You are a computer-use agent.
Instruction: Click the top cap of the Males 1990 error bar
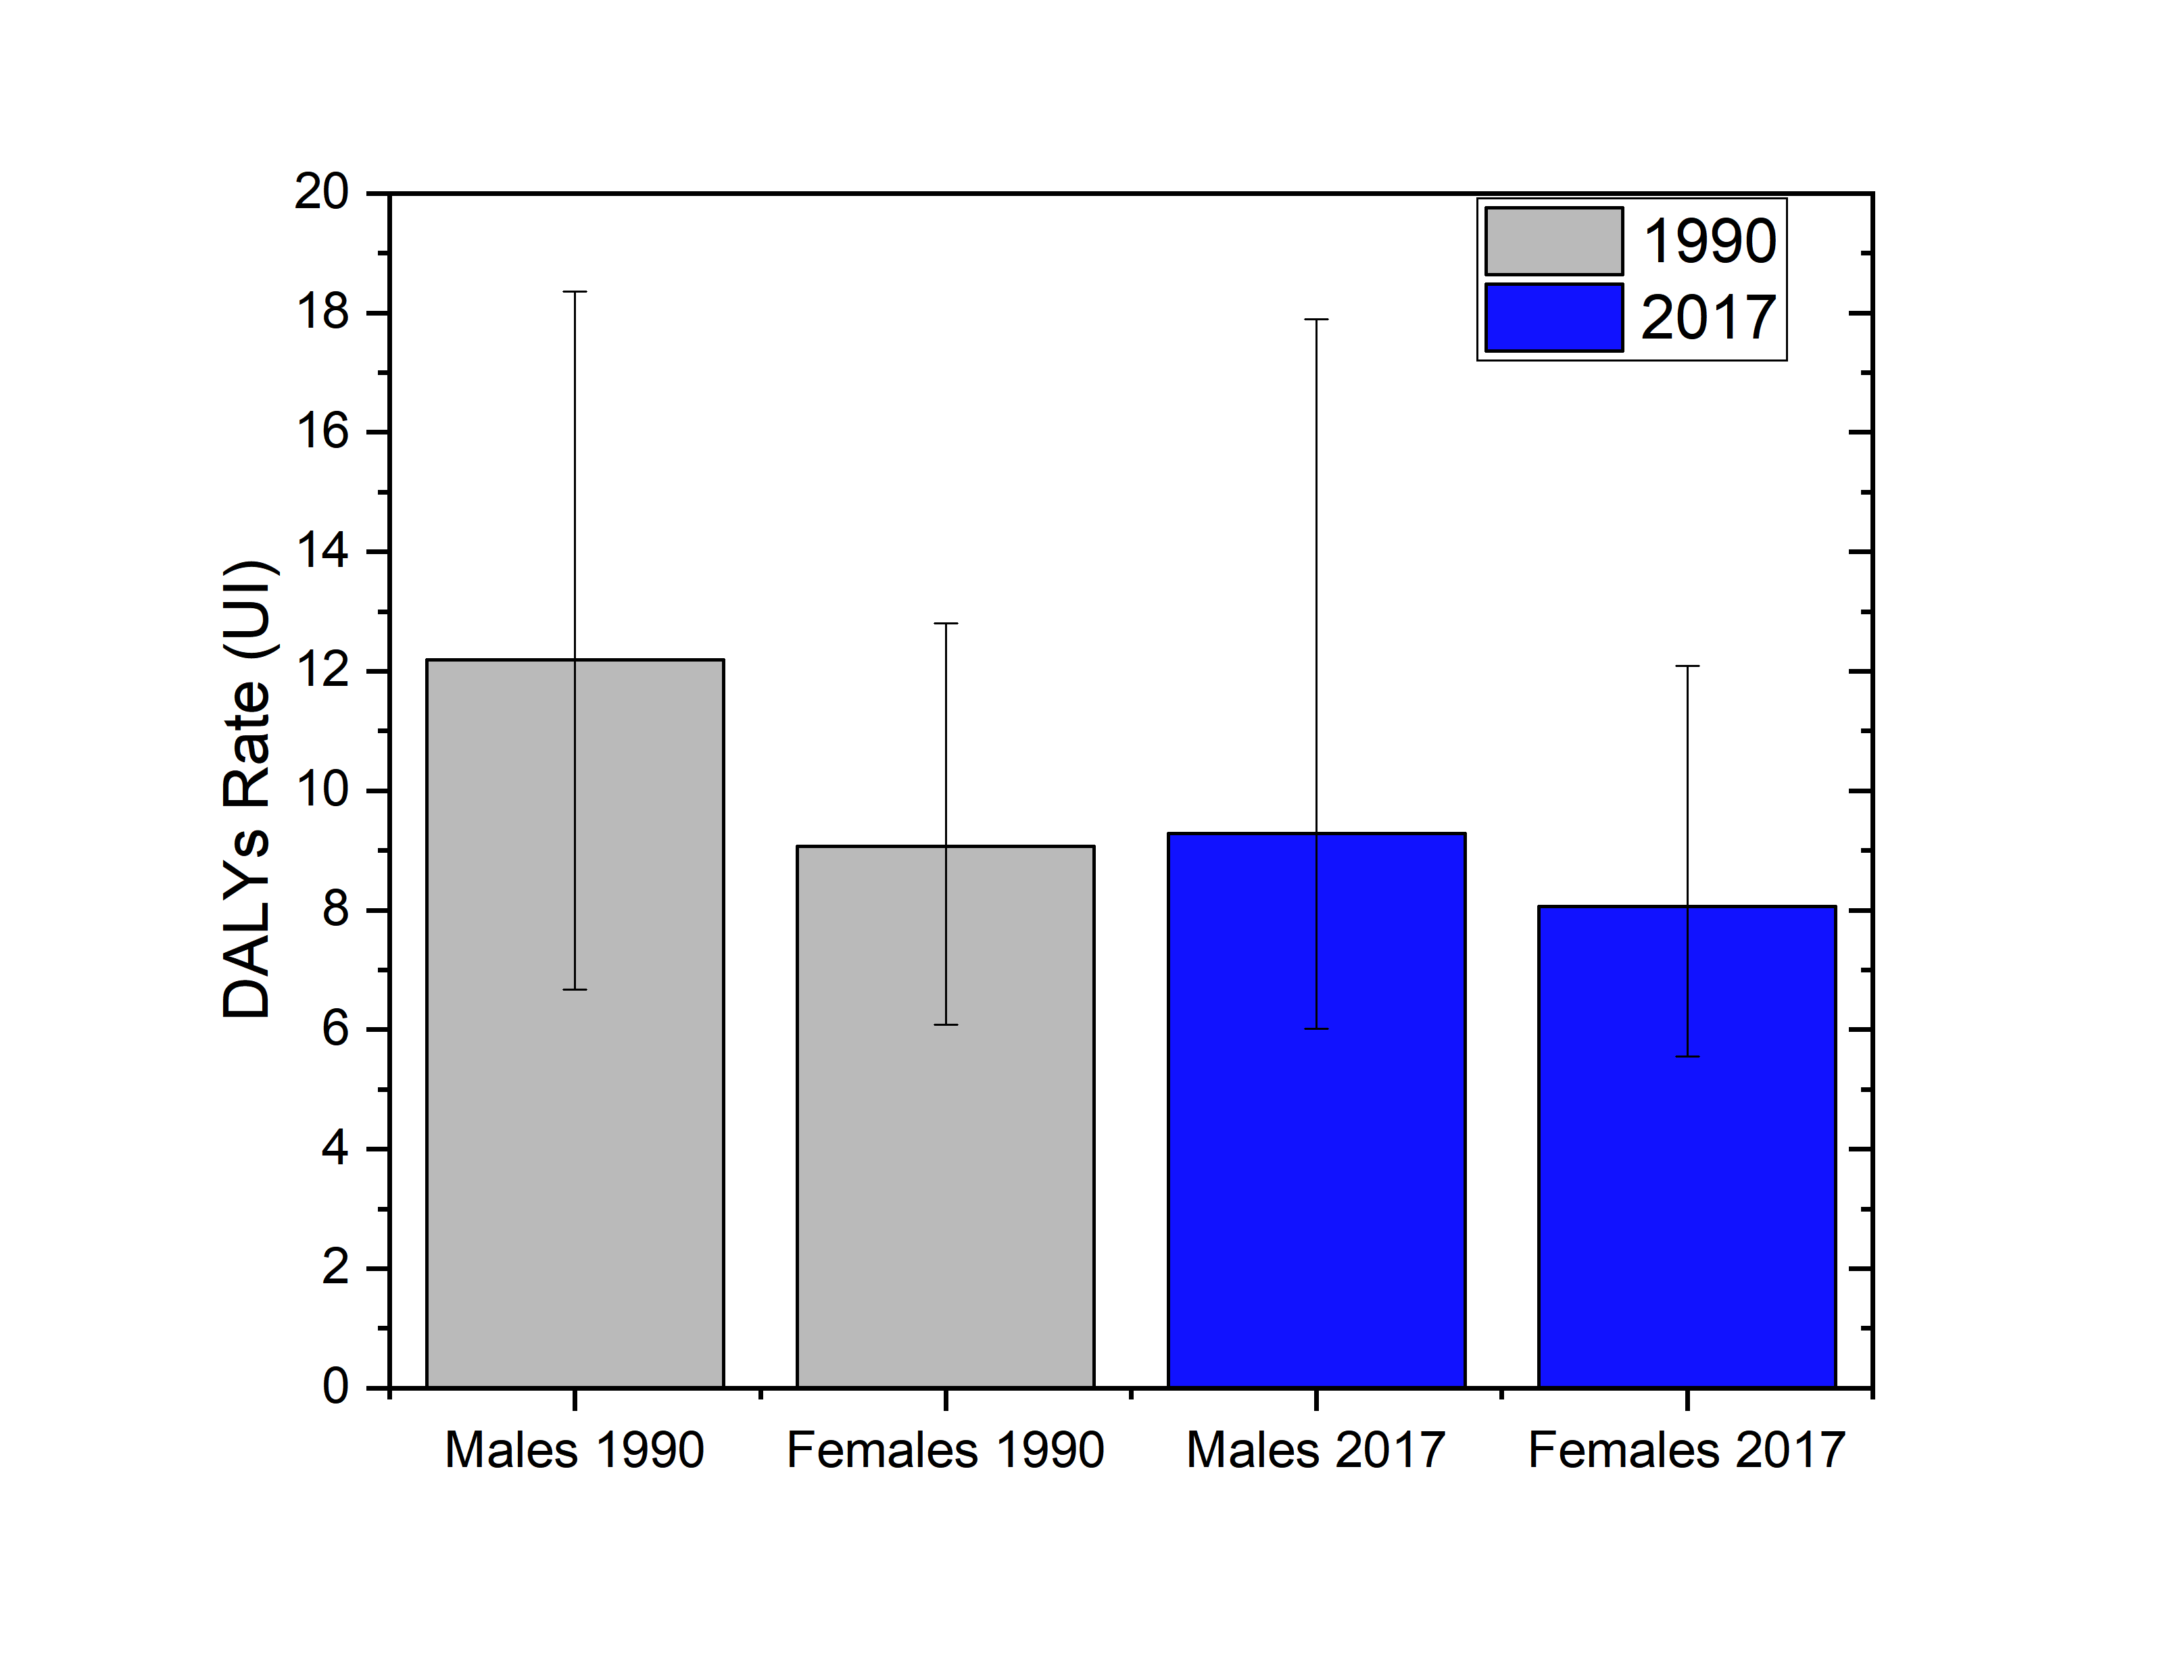click(575, 292)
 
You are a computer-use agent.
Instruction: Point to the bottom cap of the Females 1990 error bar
click(946, 1024)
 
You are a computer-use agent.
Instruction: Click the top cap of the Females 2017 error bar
click(1687, 666)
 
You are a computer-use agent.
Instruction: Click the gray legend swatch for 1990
click(1553, 241)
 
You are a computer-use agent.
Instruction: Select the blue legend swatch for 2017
click(1553, 318)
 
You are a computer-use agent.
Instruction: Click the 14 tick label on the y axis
click(322, 551)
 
